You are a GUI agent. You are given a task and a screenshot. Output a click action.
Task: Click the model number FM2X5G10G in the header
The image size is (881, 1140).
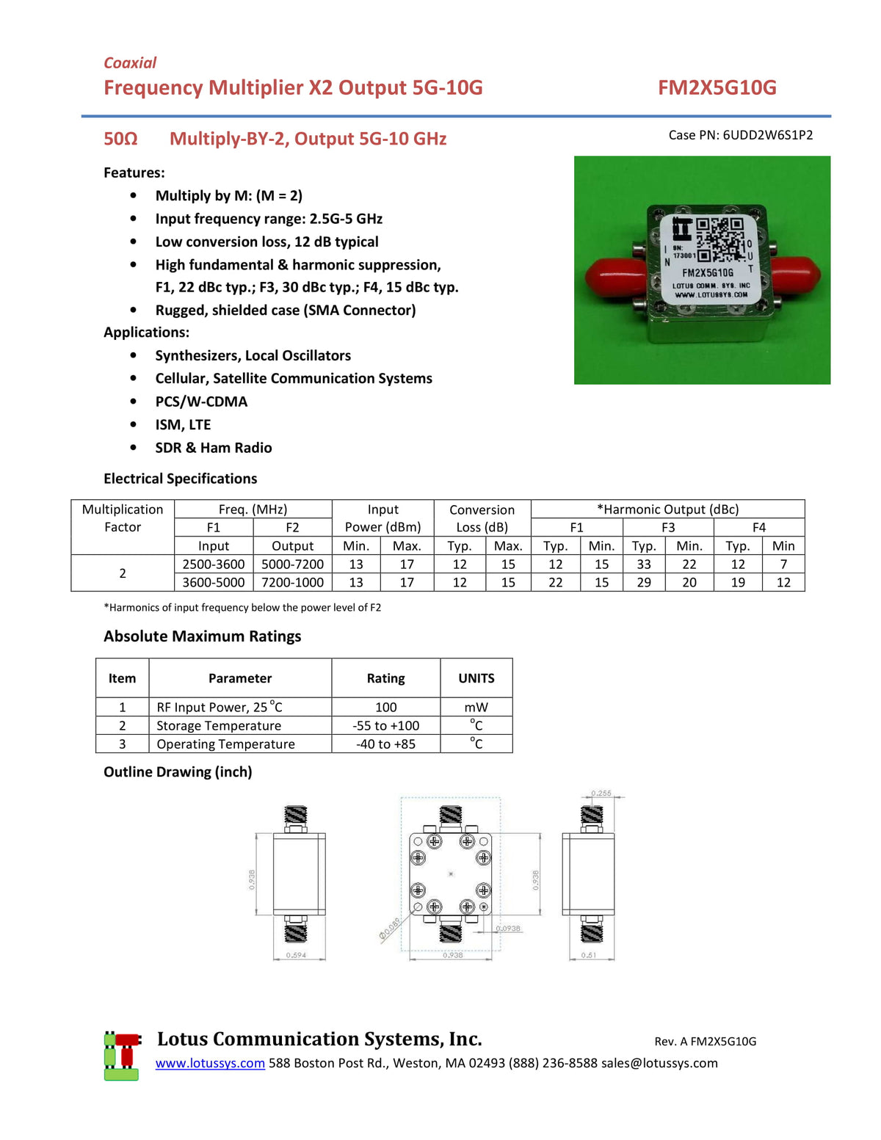[717, 87]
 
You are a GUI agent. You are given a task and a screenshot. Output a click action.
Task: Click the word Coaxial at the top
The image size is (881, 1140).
[130, 62]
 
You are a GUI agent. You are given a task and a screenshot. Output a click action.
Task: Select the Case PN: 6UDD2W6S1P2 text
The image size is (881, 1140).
[740, 135]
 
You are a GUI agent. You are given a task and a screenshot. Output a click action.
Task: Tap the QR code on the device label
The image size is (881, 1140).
[719, 239]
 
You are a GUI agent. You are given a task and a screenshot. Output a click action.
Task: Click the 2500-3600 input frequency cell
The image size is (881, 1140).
[214, 564]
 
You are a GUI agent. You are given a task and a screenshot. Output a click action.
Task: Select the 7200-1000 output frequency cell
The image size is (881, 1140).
[292, 582]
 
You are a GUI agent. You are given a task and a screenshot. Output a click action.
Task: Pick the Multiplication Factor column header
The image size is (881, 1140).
[123, 518]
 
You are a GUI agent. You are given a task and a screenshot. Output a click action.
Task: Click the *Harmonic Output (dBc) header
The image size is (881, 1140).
[667, 509]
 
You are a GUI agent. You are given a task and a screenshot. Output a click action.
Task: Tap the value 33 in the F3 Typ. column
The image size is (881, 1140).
[644, 564]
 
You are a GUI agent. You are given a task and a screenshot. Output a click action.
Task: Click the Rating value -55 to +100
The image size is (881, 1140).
[385, 725]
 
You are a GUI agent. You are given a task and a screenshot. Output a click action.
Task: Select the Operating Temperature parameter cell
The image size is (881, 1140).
[225, 744]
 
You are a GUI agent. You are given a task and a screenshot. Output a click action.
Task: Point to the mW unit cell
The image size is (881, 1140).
[476, 707]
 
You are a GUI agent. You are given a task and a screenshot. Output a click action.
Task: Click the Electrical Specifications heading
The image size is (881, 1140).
[180, 479]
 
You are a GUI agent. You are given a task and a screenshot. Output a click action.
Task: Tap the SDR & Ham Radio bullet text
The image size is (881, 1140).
[213, 448]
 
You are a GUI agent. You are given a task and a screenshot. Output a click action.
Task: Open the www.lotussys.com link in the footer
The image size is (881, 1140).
[210, 1063]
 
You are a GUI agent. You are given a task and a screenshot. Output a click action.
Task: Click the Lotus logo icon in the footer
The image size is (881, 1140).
[122, 1056]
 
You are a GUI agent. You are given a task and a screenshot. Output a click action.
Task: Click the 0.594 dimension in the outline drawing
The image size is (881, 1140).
[296, 955]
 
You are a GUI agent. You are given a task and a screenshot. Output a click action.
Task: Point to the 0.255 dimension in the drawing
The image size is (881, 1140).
[601, 794]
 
